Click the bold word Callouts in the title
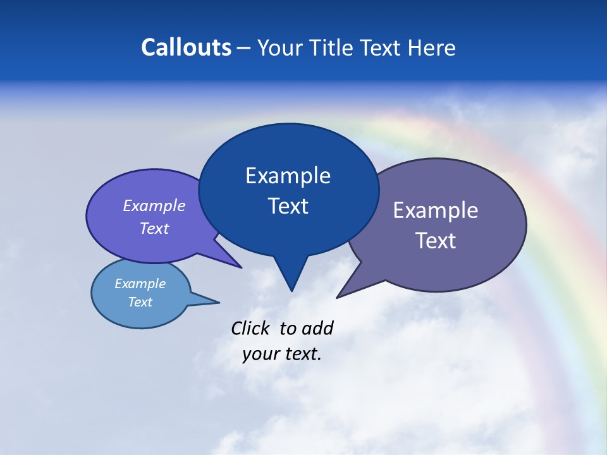pyautogui.click(x=186, y=47)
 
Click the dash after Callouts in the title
pyautogui.click(x=244, y=48)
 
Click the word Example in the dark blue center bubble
pyautogui.click(x=288, y=176)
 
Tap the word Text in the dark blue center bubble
pyautogui.click(x=288, y=206)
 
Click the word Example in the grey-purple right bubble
pyautogui.click(x=436, y=210)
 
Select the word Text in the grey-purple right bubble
pyautogui.click(x=436, y=241)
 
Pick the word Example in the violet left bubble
pyautogui.click(x=154, y=205)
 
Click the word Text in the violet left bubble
pyautogui.click(x=154, y=228)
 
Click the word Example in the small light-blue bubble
pyautogui.click(x=140, y=284)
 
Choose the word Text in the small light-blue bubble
pyautogui.click(x=140, y=302)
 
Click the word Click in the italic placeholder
pyautogui.click(x=252, y=328)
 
